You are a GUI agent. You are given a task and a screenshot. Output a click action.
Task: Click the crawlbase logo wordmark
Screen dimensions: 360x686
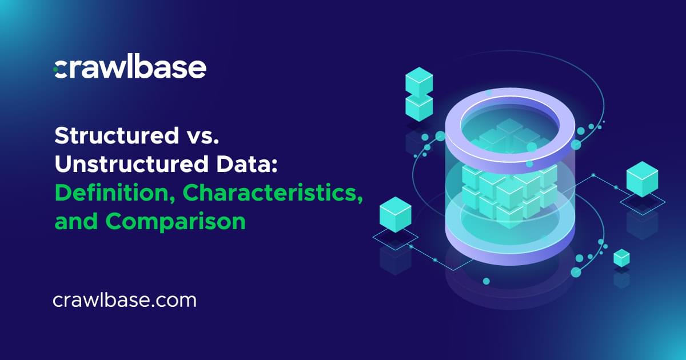click(x=130, y=68)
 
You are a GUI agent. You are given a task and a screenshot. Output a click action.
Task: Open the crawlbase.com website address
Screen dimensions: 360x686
click(x=124, y=300)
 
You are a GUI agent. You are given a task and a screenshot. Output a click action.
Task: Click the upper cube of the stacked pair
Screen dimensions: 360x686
click(x=419, y=81)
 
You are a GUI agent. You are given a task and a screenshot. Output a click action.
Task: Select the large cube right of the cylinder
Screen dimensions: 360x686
click(x=642, y=178)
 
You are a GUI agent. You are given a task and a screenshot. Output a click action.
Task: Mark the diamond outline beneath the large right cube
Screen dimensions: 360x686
click(x=643, y=200)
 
